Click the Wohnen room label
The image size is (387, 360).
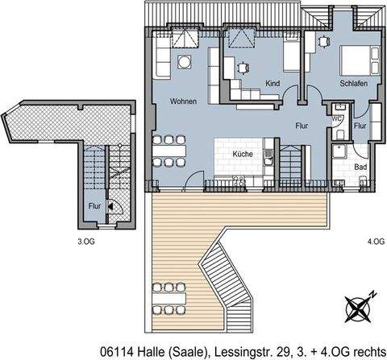coord(183,101)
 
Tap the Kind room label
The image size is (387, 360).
coord(273,83)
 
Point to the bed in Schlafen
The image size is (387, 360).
coord(356,58)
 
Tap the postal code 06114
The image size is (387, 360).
coord(119,350)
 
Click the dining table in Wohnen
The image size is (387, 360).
coord(170,149)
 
